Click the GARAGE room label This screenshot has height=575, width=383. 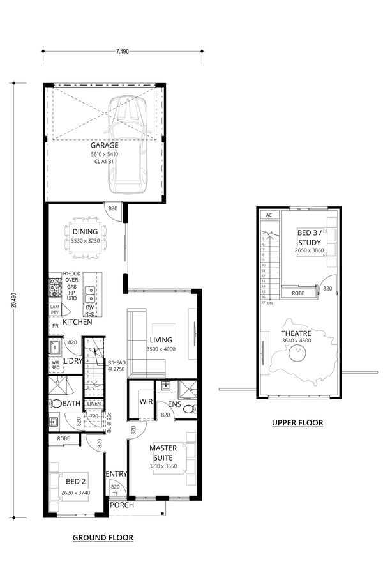point(104,145)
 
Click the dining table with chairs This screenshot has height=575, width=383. point(85,245)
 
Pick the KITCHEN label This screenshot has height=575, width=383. point(78,323)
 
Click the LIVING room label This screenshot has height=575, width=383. point(161,341)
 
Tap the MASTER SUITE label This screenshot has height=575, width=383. point(163,453)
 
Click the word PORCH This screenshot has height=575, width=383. point(121,505)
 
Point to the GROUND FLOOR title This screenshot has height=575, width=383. point(103,538)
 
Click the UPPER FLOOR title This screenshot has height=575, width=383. point(297,423)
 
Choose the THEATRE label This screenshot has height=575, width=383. point(297,332)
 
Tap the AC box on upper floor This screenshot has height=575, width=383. point(269,215)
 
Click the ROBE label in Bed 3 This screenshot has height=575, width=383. point(298,293)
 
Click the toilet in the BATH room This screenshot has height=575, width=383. point(56,404)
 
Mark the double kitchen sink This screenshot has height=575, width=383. point(91,295)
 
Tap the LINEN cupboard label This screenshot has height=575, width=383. point(93,404)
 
